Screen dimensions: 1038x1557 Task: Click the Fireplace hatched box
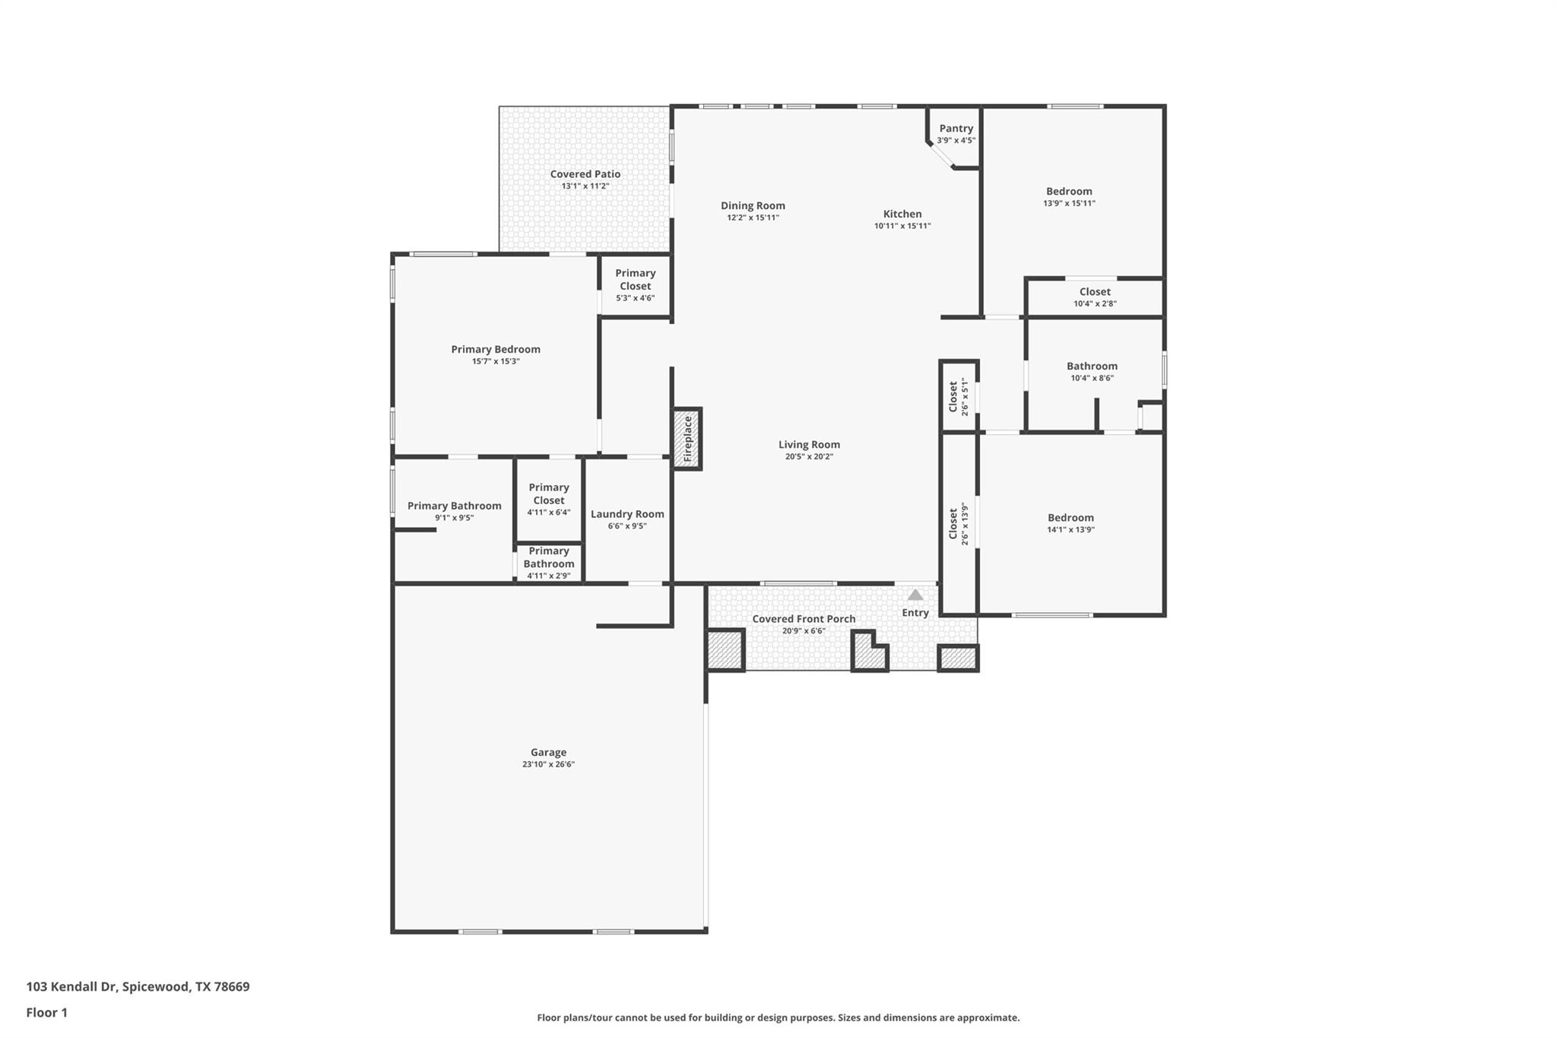pyautogui.click(x=687, y=439)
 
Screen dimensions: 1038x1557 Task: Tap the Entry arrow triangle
pyautogui.click(x=915, y=595)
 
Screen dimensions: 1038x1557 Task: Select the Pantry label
pyautogui.click(x=956, y=129)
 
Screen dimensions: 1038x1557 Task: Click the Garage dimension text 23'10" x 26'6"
pyautogui.click(x=548, y=764)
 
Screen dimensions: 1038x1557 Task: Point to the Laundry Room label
pyautogui.click(x=627, y=514)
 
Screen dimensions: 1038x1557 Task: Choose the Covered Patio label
pyautogui.click(x=585, y=174)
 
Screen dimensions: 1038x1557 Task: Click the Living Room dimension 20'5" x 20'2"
pyautogui.click(x=809, y=456)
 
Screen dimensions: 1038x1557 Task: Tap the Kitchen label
pyautogui.click(x=902, y=214)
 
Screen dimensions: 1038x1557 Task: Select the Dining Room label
pyautogui.click(x=753, y=205)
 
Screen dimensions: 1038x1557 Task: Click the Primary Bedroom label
pyautogui.click(x=495, y=349)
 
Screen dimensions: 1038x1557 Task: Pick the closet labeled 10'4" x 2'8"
pyautogui.click(x=1095, y=297)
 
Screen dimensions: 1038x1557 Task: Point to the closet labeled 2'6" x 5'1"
pyautogui.click(x=959, y=396)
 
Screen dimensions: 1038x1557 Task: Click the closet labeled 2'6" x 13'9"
pyautogui.click(x=959, y=523)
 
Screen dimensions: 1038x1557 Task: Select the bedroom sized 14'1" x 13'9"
pyautogui.click(x=1070, y=523)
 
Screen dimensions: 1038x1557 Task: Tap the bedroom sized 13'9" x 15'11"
pyautogui.click(x=1069, y=196)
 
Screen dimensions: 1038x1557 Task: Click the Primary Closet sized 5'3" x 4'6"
pyautogui.click(x=635, y=285)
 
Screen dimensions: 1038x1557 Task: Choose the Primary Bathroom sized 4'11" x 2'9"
pyautogui.click(x=548, y=563)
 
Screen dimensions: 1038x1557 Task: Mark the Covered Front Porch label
pyautogui.click(x=804, y=619)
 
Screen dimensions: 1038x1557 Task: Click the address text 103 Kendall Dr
pyautogui.click(x=73, y=987)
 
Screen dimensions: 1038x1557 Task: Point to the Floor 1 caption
pyautogui.click(x=46, y=1012)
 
